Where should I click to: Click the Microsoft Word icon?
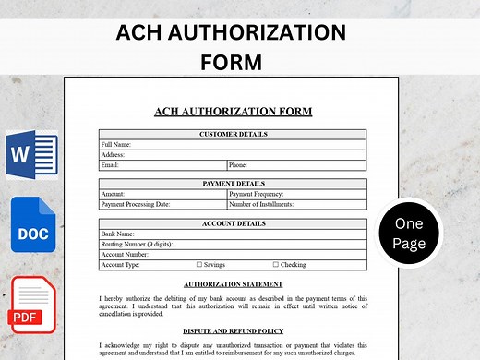(x=30, y=156)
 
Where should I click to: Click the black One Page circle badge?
(x=408, y=234)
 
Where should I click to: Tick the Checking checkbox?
(x=275, y=265)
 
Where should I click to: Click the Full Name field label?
(x=115, y=145)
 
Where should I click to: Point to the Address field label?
(x=113, y=155)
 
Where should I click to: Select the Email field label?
(x=110, y=165)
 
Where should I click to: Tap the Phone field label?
(x=238, y=165)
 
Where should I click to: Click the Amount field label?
(x=113, y=195)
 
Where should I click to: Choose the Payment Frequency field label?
(x=257, y=195)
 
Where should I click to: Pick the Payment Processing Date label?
(x=136, y=205)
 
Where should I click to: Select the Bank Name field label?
(x=117, y=234)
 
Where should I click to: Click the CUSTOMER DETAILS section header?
(x=233, y=135)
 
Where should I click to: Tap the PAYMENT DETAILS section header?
(x=233, y=185)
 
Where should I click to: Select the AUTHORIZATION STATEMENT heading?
(x=233, y=284)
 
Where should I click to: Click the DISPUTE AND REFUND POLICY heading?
(x=233, y=330)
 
